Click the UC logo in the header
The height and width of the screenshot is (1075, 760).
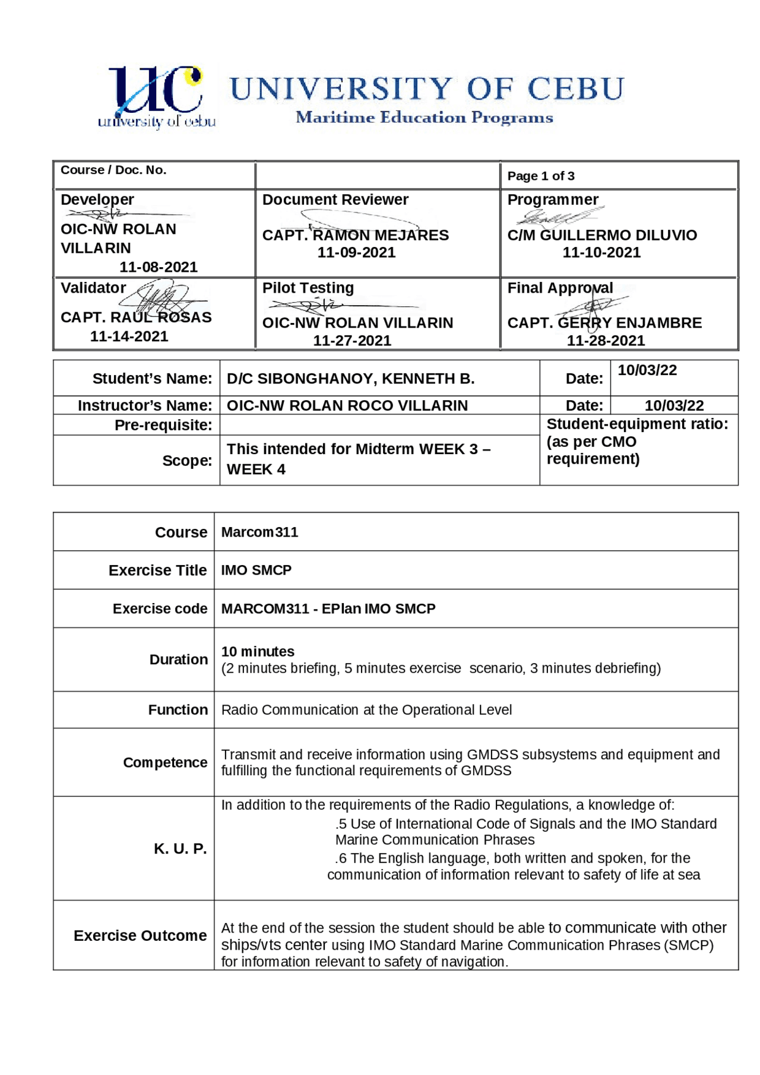[156, 97]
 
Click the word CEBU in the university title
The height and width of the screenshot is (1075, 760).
[575, 89]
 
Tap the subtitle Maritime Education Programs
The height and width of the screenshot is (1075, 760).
[424, 118]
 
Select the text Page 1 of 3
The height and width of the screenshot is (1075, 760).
[540, 176]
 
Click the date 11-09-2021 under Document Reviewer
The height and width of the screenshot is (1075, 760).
[356, 252]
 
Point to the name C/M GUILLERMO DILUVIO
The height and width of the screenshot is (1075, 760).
[601, 235]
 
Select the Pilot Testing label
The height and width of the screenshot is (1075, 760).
[308, 288]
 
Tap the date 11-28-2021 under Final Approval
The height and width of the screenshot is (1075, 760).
[605, 340]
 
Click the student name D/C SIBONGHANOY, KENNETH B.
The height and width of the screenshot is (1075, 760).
[350, 379]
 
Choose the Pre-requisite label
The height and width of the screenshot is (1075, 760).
[163, 425]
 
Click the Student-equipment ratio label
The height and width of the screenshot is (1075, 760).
[636, 424]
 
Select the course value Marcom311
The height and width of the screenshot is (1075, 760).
[259, 532]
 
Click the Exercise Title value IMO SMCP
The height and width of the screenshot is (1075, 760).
[256, 570]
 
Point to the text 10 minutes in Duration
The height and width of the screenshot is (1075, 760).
[258, 651]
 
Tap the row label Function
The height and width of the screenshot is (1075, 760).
[178, 709]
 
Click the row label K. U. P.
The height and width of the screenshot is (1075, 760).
[180, 848]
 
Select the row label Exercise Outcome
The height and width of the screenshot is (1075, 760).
[140, 935]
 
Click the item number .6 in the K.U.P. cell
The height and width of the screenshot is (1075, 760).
[341, 858]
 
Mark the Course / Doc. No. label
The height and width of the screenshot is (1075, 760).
[113, 170]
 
